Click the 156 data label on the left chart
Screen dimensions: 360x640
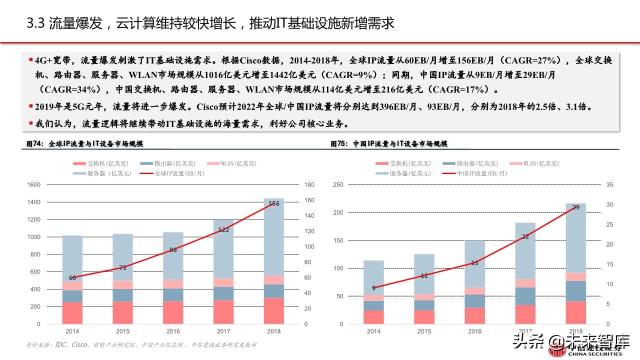point(274,203)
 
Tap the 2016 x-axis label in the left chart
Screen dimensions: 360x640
point(173,331)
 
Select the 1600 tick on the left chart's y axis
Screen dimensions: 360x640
point(33,184)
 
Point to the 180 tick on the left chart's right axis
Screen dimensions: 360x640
point(309,184)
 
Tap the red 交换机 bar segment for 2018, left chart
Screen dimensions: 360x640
point(273,310)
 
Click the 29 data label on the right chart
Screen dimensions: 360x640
point(576,207)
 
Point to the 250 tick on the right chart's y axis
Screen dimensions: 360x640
point(338,184)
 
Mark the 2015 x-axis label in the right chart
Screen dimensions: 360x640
point(424,331)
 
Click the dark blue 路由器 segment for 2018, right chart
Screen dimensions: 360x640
point(576,291)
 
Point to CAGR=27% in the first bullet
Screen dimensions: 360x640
point(535,60)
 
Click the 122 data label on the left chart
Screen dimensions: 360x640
point(223,230)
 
